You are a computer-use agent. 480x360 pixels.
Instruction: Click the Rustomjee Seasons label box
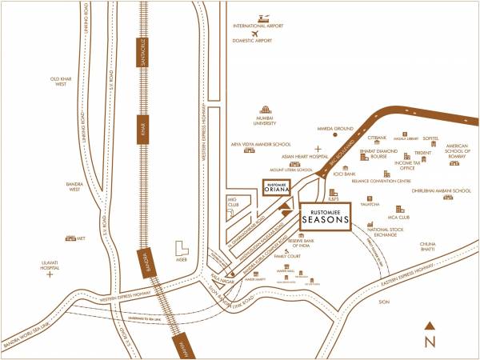click(326, 218)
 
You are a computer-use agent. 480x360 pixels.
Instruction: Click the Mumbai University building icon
click(265, 113)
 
